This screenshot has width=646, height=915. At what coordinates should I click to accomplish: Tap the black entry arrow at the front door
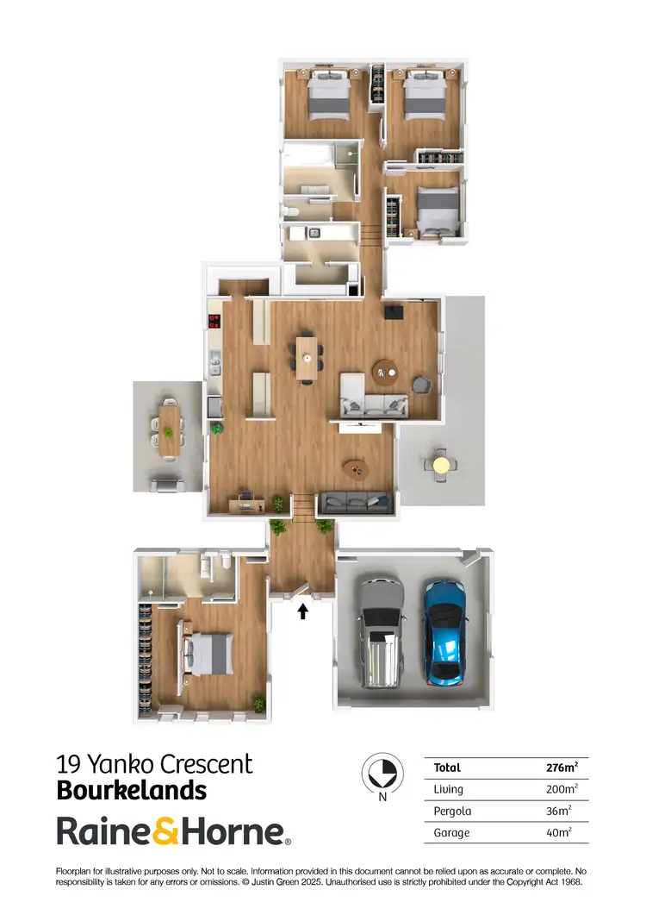tap(302, 611)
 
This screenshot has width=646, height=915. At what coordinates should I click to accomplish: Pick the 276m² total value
tap(562, 768)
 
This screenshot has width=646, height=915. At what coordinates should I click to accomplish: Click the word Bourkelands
tap(131, 790)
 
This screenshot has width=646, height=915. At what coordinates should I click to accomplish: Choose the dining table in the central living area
tap(307, 358)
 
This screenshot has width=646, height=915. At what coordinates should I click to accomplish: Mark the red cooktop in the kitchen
tap(214, 323)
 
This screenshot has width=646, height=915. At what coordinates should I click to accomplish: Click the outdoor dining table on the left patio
tap(170, 429)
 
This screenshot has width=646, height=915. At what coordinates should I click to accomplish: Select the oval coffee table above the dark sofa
tap(354, 468)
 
